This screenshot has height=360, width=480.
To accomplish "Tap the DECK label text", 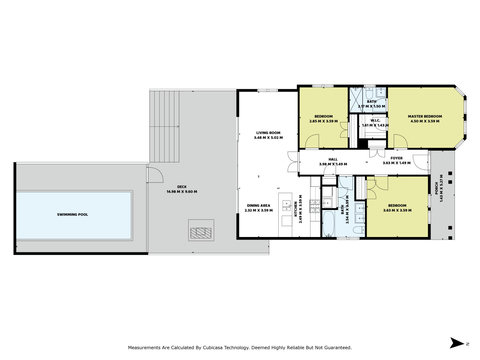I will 182,186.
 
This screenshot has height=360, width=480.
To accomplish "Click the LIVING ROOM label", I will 268,133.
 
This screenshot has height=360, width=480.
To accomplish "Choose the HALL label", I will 332,158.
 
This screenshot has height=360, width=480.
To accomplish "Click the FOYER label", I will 396,158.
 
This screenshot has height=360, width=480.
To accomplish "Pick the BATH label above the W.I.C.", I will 371,101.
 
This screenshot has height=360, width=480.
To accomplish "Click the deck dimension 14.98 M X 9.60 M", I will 182,192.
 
